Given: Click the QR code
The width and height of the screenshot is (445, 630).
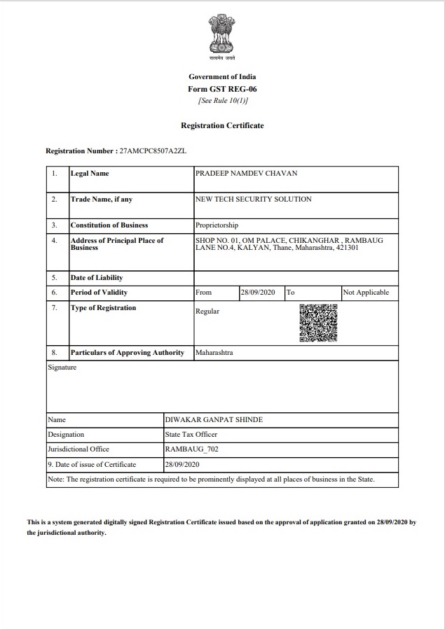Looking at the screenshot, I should pos(319,323).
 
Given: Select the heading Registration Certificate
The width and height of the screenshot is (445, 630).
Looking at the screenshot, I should pos(222,125).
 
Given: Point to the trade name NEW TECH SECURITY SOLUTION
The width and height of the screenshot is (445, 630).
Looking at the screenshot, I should pos(254,199).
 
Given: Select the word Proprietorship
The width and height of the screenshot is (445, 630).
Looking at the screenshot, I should pos(217,225).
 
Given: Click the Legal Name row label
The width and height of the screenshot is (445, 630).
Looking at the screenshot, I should pos(90,174).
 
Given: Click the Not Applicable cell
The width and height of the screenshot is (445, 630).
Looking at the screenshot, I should pos(366,293).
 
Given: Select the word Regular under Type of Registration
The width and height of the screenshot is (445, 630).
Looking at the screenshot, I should pos(207,311).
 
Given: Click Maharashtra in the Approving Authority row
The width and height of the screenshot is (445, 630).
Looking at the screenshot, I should pos(214,353).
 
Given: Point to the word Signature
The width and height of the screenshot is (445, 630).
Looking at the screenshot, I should pos(62,367).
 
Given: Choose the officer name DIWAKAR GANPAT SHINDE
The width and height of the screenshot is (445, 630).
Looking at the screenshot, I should pos(214,420).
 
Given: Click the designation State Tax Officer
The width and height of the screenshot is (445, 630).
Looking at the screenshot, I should pos(191,435).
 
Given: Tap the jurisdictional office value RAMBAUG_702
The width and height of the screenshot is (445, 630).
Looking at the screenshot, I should pos(191,449).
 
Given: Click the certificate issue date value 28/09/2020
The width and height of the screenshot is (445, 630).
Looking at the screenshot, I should pos(182,464).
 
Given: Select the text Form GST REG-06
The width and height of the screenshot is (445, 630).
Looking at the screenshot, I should pos(222,89).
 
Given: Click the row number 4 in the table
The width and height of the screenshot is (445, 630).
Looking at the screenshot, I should pos(54,240).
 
